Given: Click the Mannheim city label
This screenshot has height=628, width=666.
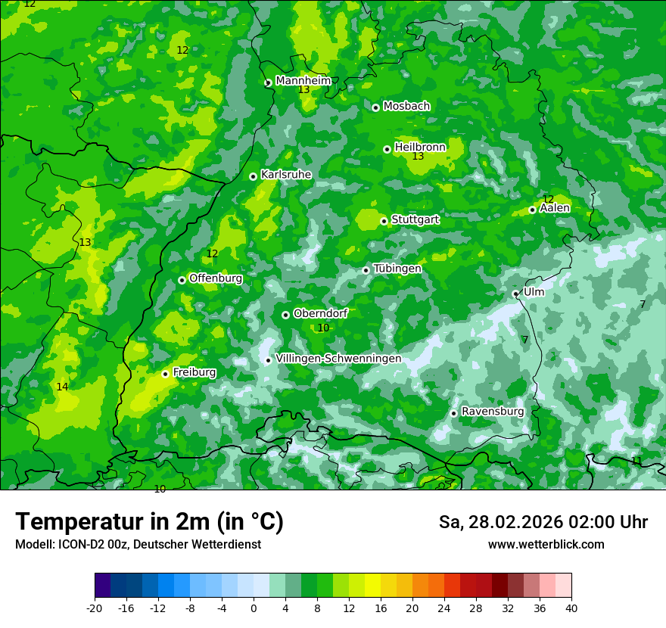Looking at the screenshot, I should click(303, 81).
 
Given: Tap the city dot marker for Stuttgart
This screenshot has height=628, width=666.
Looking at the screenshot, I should click(384, 221).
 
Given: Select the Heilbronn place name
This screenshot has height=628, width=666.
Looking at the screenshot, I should click(420, 147).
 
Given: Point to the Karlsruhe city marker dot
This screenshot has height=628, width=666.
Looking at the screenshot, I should click(254, 176).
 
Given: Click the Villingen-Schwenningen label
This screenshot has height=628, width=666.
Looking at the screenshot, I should click(338, 359).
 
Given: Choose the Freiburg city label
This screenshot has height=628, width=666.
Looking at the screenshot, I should click(194, 372).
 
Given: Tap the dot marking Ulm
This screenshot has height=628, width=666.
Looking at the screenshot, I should click(515, 294).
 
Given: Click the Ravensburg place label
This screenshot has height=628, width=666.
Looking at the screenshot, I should click(493, 412).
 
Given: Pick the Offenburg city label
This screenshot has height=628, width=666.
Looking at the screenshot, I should click(216, 278).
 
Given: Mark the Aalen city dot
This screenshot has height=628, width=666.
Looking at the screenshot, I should click(532, 210).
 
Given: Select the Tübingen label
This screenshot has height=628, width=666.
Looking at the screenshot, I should click(397, 269).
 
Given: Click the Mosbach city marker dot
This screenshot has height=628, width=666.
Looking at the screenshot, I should click(375, 107).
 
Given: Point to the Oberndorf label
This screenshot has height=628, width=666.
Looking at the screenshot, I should click(320, 313).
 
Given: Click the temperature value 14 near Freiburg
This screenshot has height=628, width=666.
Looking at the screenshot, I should click(62, 387).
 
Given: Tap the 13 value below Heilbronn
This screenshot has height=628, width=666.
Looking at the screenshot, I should click(418, 157).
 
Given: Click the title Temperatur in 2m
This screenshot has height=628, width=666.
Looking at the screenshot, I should click(149, 522).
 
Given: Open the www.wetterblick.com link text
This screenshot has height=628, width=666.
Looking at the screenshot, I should click(546, 545).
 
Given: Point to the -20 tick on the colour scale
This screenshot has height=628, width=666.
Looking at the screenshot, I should click(95, 608).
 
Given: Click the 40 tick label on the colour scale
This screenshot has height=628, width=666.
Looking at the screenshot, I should click(571, 608).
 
